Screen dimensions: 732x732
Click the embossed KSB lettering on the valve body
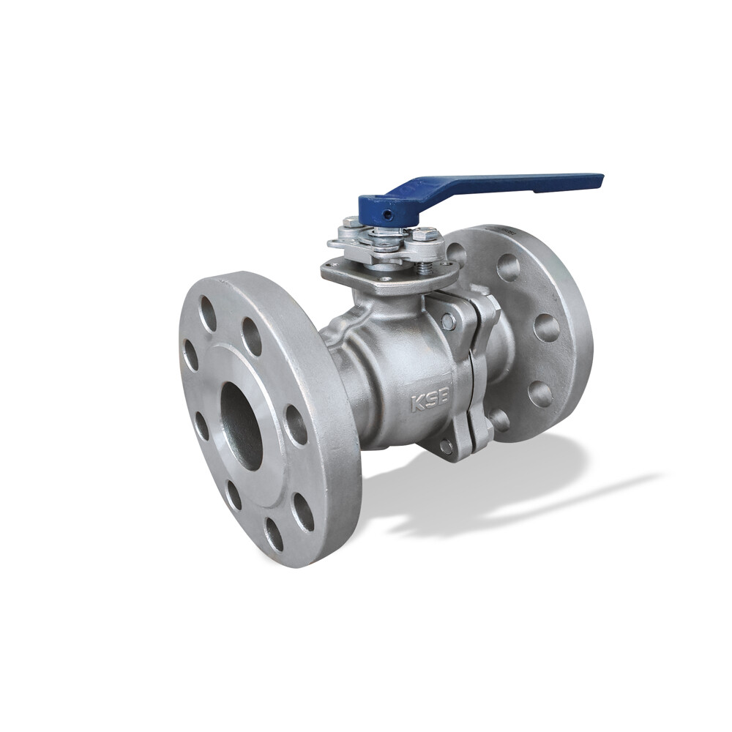coord(430,400)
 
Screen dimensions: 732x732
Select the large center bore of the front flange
coord(241,426)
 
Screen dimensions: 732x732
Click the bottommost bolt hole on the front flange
coord(274,534)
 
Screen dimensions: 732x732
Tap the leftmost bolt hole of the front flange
coord(190,355)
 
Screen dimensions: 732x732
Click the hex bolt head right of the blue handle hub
coord(425,233)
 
